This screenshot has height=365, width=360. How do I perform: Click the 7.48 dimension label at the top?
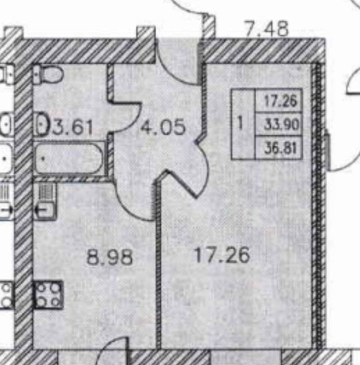266,28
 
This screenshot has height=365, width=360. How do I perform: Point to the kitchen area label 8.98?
109,257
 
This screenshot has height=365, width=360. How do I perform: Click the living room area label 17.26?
222,255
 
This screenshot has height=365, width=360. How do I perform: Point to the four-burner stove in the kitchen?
48,294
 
